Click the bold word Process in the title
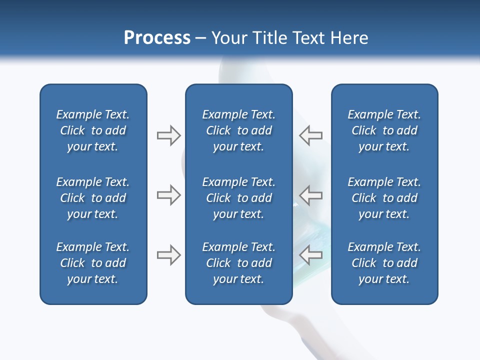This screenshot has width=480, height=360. click(157, 38)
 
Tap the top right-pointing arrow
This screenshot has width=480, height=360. click(168, 135)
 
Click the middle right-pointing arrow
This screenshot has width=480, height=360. click(168, 195)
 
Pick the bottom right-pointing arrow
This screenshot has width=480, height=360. click(168, 255)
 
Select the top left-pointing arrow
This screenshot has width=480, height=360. click(310, 135)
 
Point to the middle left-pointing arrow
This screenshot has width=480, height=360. click(310, 195)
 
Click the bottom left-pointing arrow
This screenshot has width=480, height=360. click(310, 255)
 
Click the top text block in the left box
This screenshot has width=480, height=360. click(93, 130)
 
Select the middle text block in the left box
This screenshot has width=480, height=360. click(93, 198)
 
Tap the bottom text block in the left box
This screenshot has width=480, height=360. click(93, 263)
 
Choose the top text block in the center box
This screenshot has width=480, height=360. click(238, 130)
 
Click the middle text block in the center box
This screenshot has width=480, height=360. click(238, 198)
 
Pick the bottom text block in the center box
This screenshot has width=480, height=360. click(238, 263)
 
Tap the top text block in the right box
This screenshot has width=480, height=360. click(384, 130)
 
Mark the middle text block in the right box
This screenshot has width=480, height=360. click(384, 198)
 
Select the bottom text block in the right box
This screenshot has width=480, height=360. click(384, 263)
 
